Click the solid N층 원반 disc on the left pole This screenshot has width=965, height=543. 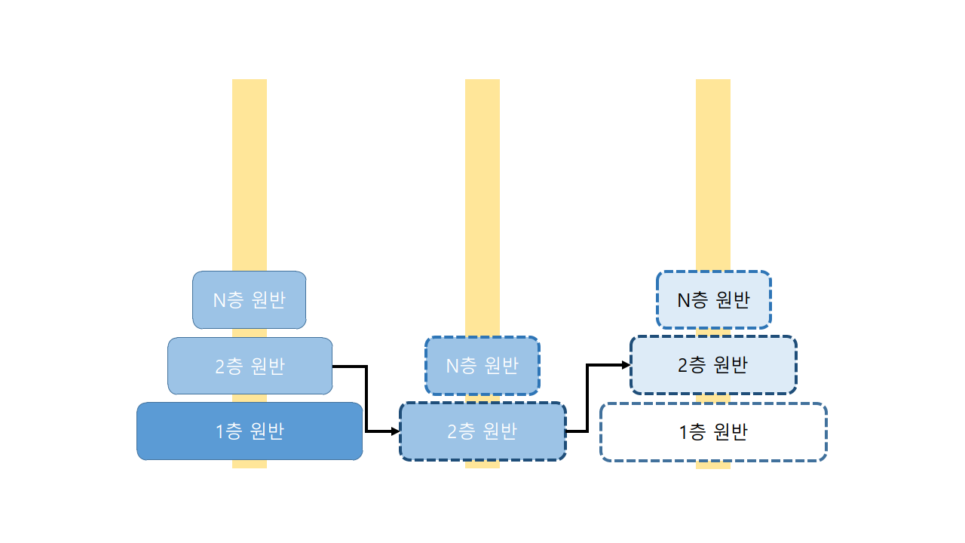(x=250, y=300)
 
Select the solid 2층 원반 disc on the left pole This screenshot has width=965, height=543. (x=250, y=366)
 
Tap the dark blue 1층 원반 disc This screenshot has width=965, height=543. (x=250, y=431)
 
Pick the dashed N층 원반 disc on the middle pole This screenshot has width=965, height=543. (x=482, y=366)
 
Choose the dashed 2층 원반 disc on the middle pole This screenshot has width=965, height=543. (x=482, y=431)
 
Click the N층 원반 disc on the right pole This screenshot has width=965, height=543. (x=713, y=300)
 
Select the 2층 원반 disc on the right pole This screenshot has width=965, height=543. (x=713, y=365)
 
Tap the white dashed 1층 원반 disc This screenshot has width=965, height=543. (x=713, y=432)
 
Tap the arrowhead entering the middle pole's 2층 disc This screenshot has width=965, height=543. (x=396, y=431)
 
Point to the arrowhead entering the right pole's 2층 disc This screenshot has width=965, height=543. (x=626, y=365)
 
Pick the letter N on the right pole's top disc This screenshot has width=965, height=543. (x=684, y=300)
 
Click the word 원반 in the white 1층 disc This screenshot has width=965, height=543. (x=728, y=432)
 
